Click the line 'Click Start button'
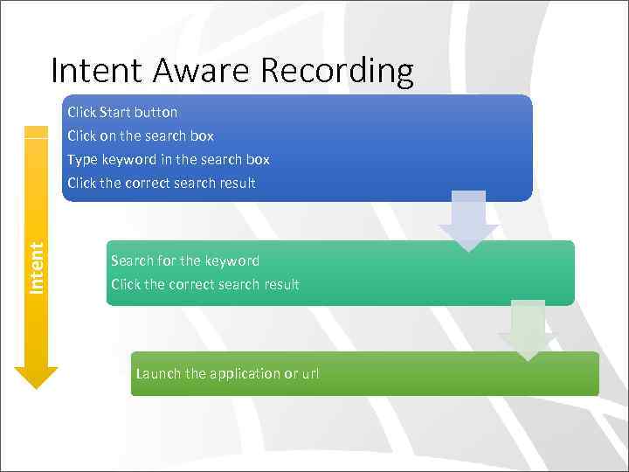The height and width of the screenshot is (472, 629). (x=122, y=112)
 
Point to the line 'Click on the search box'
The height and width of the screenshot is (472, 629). (x=141, y=135)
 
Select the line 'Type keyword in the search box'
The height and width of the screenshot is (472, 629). (x=169, y=159)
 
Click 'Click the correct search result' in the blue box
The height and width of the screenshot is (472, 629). (x=162, y=183)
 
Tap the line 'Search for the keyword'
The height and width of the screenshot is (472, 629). (x=185, y=260)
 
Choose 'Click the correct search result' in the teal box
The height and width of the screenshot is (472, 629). (x=205, y=284)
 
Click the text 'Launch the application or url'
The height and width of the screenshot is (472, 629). (x=227, y=373)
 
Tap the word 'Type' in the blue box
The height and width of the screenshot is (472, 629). (x=82, y=159)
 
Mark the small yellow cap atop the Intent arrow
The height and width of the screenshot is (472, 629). (x=36, y=132)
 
